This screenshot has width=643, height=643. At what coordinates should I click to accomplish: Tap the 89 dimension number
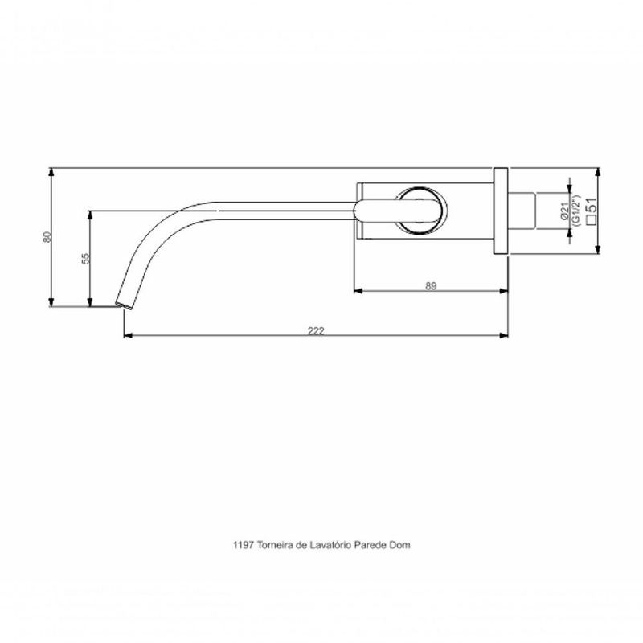click(432, 286)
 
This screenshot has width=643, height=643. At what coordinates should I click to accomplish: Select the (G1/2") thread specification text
click(576, 212)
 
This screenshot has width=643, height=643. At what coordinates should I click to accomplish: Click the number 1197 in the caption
click(241, 543)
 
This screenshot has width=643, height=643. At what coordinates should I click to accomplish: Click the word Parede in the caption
click(371, 543)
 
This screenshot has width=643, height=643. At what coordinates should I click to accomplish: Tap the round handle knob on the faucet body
click(417, 211)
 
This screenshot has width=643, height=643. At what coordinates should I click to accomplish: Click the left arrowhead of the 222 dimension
click(126, 335)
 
